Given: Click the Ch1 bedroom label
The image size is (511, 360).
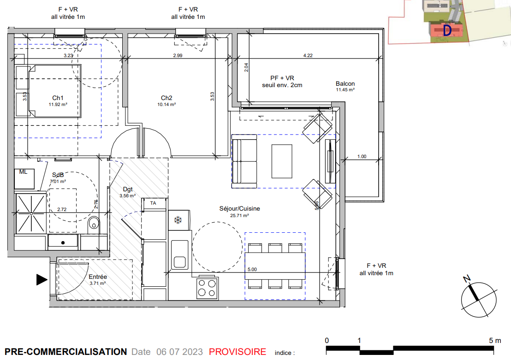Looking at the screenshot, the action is click(58, 98).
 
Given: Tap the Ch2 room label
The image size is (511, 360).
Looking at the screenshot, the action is click(166, 98).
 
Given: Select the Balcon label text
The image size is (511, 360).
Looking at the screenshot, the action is click(345, 84).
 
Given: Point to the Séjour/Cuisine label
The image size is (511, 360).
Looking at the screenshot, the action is click(239, 208).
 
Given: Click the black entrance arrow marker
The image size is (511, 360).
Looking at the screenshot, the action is click(42, 279).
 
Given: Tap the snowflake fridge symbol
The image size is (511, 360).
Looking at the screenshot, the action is click(178, 220).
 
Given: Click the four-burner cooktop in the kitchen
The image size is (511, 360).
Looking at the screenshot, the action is click(207, 288).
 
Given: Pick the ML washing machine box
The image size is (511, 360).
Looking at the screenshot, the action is click(24, 178).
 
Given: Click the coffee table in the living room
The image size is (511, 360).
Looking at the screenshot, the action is click(282, 161).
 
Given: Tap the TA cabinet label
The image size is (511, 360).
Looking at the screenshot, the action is click(153, 203).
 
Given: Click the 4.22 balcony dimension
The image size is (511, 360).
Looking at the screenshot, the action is click(308, 55).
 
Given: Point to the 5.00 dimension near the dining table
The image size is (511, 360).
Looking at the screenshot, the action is click(252, 270).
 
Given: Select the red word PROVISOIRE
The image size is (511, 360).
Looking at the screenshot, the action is click(238, 352).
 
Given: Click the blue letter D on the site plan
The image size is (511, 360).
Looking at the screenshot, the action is click(447, 30).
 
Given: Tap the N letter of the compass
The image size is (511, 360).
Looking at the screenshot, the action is click(467, 279).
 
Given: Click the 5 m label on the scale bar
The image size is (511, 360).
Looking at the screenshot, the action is click(495, 341).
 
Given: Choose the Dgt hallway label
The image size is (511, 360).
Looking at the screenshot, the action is click(128, 189).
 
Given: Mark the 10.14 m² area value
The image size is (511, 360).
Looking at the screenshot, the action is click(166, 105).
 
